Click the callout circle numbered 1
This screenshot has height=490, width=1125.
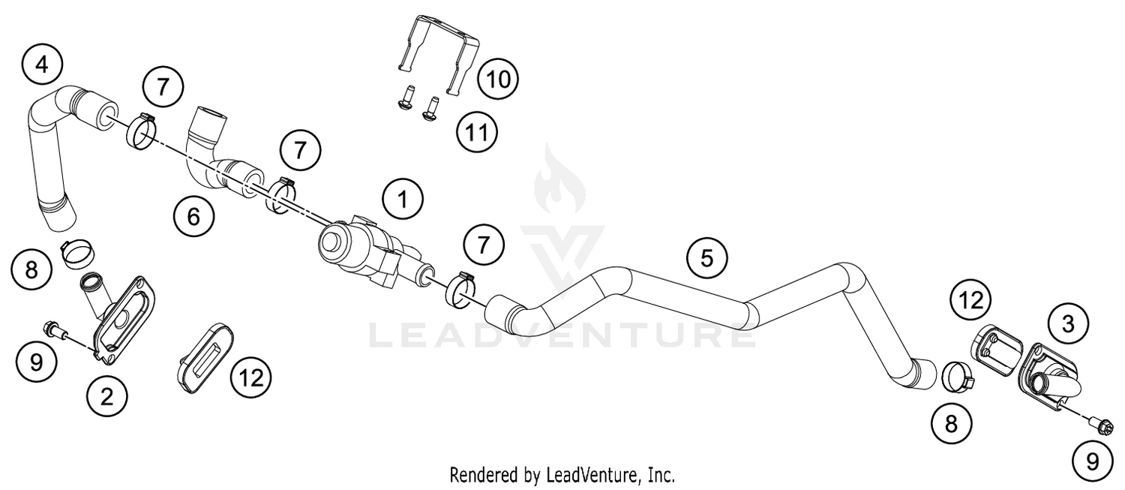pos(402,199)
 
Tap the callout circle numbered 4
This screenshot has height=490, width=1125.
pos(42,65)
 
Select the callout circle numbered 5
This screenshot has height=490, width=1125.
pos(706,258)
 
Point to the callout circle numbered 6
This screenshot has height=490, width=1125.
pos(193,218)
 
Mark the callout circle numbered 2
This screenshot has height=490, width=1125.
pos(106,396)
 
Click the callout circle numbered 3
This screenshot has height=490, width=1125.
pos(1068,324)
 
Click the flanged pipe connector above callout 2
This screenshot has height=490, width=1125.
pos(120,314)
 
